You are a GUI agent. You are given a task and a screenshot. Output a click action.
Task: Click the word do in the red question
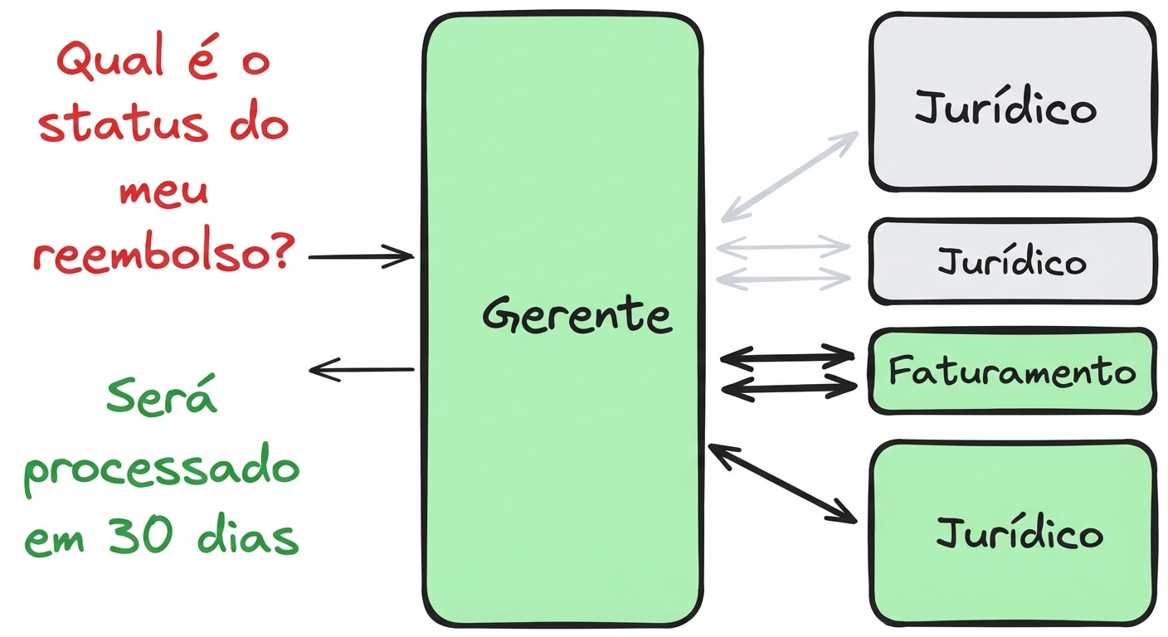tap(259, 125)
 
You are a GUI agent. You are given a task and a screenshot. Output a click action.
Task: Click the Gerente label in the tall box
tap(577, 315)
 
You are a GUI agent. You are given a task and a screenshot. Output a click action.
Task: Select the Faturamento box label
tap(1011, 372)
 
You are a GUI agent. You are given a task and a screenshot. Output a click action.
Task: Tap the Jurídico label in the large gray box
tap(1005, 109)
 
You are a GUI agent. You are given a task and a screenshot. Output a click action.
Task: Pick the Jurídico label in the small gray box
tap(1011, 262)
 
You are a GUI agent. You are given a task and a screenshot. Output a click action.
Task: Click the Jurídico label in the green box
tap(1020, 533)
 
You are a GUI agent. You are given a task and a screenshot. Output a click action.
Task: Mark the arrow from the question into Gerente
tap(361, 257)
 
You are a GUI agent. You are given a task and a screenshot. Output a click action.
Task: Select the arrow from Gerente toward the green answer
tap(362, 370)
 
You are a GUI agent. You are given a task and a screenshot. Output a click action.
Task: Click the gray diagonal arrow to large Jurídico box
tap(789, 176)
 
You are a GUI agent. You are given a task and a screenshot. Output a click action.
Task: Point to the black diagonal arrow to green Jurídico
tap(782, 484)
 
